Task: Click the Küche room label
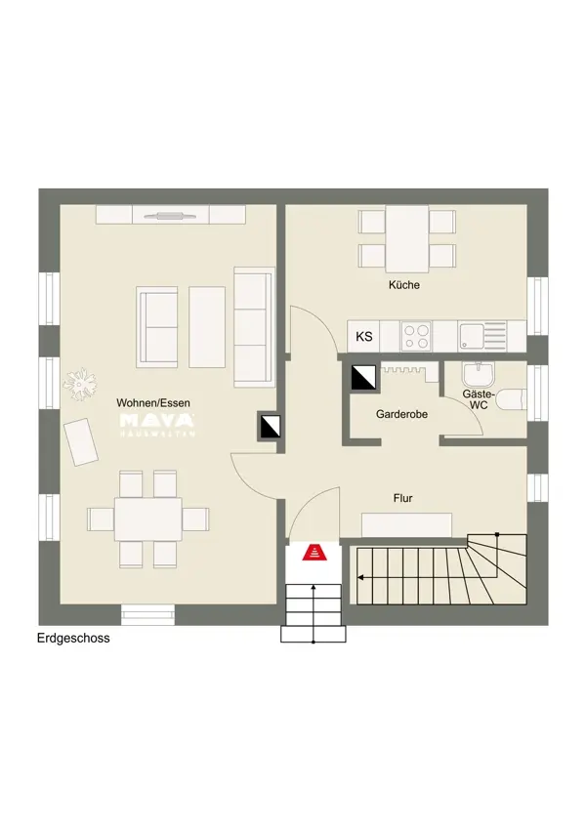click(x=404, y=285)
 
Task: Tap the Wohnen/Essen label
click(x=153, y=403)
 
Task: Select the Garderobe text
click(x=401, y=414)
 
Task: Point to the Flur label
click(x=402, y=498)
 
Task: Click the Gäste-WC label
click(x=478, y=399)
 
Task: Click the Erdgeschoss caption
click(x=73, y=638)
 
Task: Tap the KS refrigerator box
click(x=363, y=336)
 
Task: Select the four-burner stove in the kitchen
click(x=415, y=337)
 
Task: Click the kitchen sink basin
click(x=471, y=337)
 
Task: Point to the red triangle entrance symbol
click(x=314, y=552)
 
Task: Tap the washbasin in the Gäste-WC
click(x=479, y=375)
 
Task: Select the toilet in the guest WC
click(x=510, y=399)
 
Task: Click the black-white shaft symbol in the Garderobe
click(x=363, y=377)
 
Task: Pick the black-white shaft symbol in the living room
click(x=270, y=426)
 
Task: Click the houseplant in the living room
click(x=80, y=382)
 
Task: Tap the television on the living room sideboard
click(x=171, y=216)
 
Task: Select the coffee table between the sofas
click(x=207, y=326)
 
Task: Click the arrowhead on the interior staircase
click(x=360, y=577)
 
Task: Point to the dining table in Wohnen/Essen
click(x=148, y=519)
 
